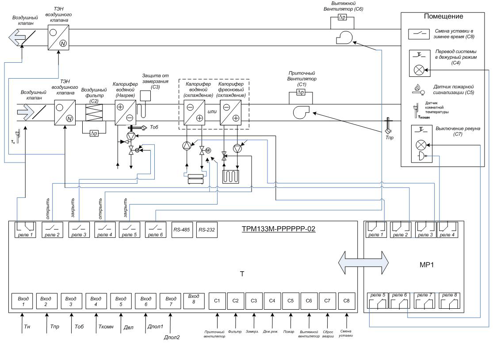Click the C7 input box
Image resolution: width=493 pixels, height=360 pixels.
pos(328,301)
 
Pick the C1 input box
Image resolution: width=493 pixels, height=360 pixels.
pos(217,301)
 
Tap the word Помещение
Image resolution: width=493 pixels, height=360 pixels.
pos(443,17)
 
